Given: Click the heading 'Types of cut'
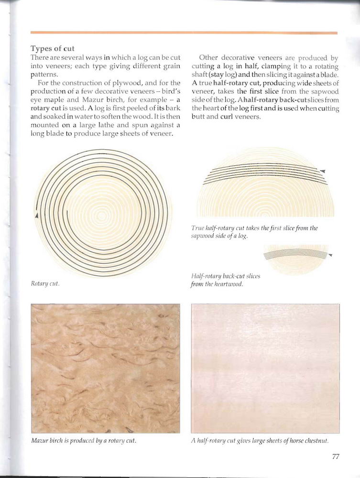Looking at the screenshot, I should [x=53, y=49].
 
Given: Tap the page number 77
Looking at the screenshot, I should [x=336, y=456].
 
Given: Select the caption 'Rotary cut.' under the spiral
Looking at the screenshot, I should [x=44, y=283].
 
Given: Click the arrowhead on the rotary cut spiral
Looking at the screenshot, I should [x=36, y=216].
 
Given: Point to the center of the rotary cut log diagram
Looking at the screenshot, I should [x=103, y=213].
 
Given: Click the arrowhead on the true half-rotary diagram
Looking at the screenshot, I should [x=323, y=171].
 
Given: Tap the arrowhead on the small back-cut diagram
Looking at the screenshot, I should [x=330, y=255].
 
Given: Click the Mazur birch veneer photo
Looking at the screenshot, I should [x=105, y=368].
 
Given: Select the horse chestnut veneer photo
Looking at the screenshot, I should [x=265, y=368].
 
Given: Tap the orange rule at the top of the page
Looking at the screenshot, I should [x=184, y=33].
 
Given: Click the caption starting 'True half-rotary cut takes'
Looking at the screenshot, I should [x=254, y=232].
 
